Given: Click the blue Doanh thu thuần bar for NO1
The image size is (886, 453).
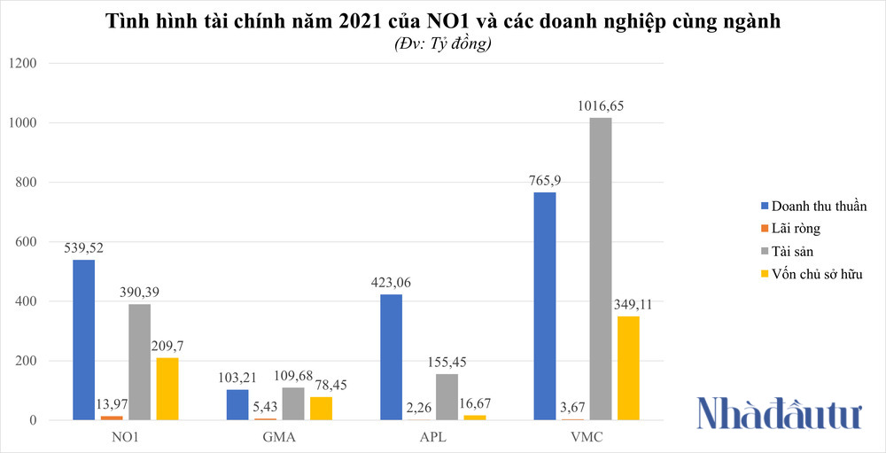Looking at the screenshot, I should (x=83, y=340).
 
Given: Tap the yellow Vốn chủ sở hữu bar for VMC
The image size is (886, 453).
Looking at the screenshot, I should (x=627, y=368).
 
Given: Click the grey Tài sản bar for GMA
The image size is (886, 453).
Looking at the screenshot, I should (x=292, y=403).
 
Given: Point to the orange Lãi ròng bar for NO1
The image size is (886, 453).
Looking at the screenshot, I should (x=112, y=418).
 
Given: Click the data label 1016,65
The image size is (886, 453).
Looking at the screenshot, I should (x=601, y=105).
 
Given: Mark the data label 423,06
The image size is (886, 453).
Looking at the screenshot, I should (x=391, y=283).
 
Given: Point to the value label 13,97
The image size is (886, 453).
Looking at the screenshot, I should (x=112, y=404).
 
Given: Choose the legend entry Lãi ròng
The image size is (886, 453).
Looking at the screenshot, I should (x=796, y=229).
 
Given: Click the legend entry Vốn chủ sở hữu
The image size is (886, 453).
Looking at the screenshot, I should (x=816, y=274).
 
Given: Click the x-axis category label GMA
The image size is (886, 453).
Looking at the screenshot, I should (x=279, y=437).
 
